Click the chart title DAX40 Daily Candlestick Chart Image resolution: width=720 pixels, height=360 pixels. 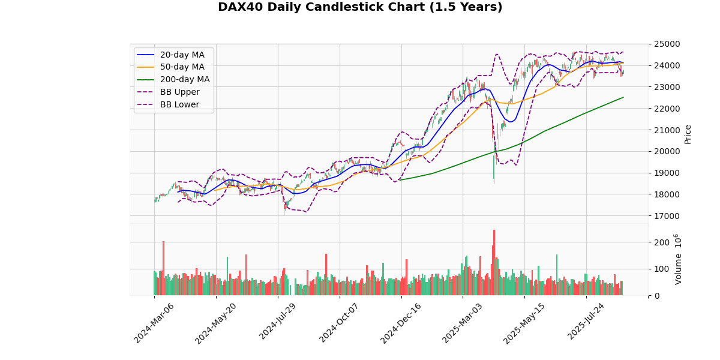coord(360,7)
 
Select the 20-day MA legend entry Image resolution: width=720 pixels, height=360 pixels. coord(182,55)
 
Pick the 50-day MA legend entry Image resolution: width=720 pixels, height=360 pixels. coord(182,67)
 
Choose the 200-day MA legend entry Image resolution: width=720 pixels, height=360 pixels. coord(184,80)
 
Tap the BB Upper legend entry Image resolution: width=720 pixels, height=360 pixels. coord(179,92)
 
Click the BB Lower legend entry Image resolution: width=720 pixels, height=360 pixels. coord(179,104)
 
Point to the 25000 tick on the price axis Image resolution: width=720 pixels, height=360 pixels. coord(668,44)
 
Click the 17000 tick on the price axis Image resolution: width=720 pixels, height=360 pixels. coord(668,216)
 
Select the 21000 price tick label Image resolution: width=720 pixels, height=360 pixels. coord(668,130)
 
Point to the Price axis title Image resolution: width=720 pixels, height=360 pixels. coord(688,134)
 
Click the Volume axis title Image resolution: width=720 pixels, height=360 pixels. coord(679,259)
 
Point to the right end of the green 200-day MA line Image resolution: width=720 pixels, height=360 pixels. coord(623,97)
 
